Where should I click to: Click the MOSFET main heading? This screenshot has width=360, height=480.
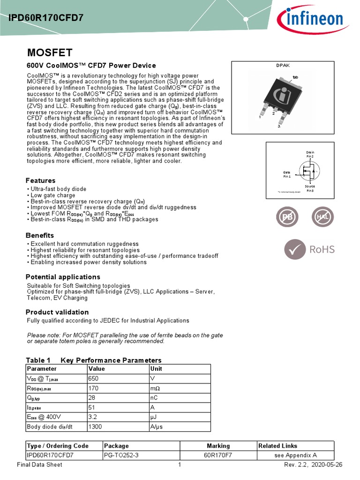[x=49, y=52]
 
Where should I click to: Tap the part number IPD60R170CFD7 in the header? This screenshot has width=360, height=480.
[x=46, y=18]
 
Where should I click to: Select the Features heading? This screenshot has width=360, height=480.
[x=40, y=180]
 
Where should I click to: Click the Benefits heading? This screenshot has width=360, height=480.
[x=40, y=235]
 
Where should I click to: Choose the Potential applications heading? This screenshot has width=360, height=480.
[x=63, y=277]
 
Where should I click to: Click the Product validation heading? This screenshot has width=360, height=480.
[x=57, y=312]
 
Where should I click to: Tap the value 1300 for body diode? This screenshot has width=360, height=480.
[x=96, y=426]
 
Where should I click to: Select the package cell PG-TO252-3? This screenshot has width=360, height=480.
[x=121, y=455]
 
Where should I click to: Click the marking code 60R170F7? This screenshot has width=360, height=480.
[x=218, y=455]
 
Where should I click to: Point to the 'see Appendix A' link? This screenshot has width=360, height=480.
[x=296, y=455]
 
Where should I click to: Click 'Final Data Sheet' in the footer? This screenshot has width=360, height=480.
[x=39, y=465]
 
